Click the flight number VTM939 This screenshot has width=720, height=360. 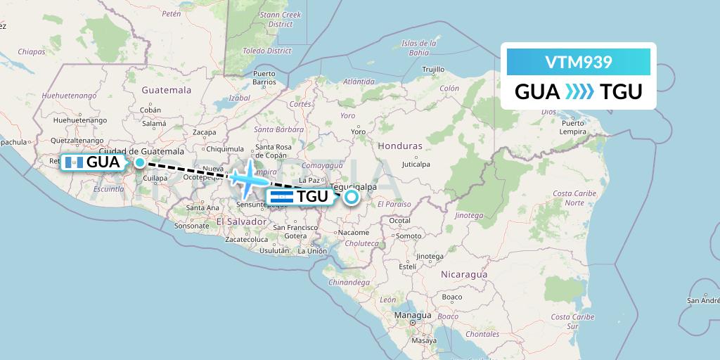tap(579, 63)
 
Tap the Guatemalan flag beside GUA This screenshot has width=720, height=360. tap(74, 162)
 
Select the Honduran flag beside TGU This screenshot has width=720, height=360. tap(281, 197)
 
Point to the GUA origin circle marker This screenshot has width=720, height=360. tap(140, 162)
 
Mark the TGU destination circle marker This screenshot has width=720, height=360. tap(351, 198)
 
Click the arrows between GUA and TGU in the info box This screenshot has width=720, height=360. tap(579, 92)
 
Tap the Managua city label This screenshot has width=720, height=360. tap(413, 316)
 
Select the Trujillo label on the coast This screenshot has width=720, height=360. tap(434, 69)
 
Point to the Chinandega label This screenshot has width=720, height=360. tap(349, 282)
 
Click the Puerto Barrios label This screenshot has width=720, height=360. tap(264, 77)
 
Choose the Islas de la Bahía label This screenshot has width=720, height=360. tap(415, 48)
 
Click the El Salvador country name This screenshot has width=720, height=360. tap(241, 221)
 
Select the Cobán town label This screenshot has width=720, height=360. tap(150, 110)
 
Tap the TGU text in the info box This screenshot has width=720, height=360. tap(621, 92)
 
